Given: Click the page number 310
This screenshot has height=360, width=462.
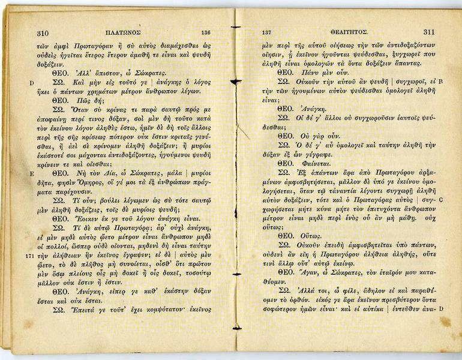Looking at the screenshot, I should pyautogui.click(x=43, y=33).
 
